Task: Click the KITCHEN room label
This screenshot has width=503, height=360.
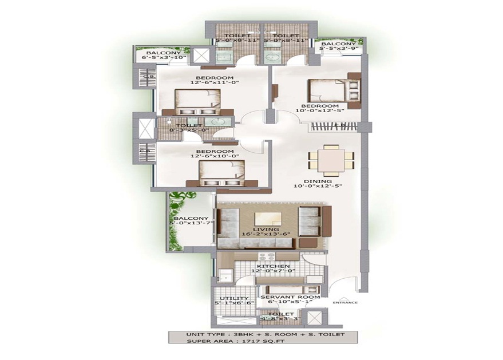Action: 269,267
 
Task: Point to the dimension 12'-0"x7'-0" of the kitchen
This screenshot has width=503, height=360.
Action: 269,272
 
